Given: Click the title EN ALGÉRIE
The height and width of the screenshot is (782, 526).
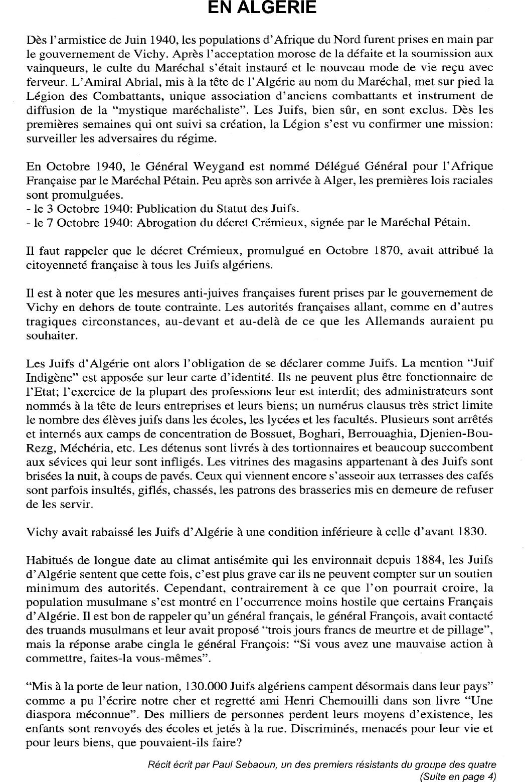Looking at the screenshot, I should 262,8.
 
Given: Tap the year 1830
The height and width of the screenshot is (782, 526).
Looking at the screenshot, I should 472,531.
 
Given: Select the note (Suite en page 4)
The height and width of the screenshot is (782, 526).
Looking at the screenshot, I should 457,776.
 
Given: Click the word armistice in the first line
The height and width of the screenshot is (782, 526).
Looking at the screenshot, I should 82,39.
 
